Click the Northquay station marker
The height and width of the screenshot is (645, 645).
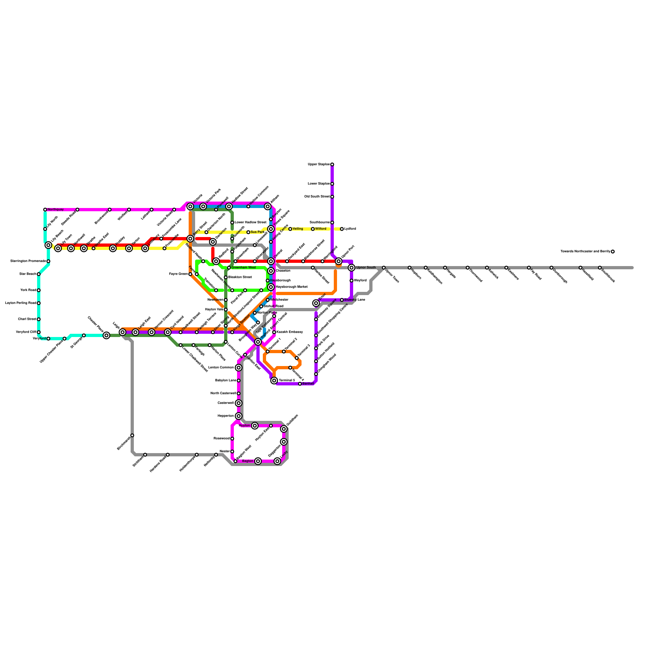(x=45, y=210)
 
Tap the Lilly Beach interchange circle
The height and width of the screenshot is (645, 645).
(x=48, y=245)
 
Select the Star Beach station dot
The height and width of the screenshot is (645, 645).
(x=39, y=274)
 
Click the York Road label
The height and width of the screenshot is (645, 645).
(x=28, y=290)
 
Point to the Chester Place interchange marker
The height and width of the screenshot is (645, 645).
(x=106, y=335)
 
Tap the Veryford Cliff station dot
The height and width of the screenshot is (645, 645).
(x=39, y=332)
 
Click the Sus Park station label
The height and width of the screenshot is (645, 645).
(x=257, y=232)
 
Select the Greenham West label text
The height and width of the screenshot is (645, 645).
(x=243, y=268)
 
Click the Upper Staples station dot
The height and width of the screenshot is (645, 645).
(x=332, y=164)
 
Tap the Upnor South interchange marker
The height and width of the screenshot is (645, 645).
(x=352, y=268)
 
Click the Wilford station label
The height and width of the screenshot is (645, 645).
(x=321, y=229)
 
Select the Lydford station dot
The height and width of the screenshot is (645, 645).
(x=342, y=229)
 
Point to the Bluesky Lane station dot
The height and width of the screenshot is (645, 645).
(x=342, y=300)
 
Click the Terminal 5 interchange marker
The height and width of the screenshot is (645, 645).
(x=274, y=381)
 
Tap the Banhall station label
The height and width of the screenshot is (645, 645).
(x=308, y=384)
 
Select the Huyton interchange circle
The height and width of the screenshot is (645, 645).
(x=255, y=426)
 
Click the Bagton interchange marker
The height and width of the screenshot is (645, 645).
(x=258, y=461)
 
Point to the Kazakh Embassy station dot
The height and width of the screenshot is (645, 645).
(x=274, y=332)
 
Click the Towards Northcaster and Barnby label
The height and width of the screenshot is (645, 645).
(x=585, y=252)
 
